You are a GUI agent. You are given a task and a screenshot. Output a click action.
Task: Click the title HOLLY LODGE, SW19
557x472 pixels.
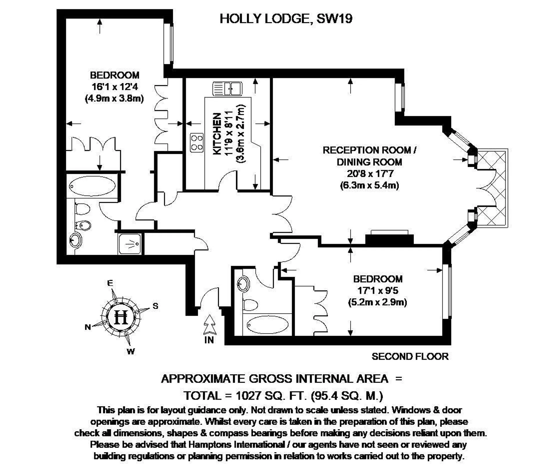coord(286,19)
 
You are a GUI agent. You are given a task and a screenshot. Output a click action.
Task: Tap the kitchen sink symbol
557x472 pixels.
coord(227,88)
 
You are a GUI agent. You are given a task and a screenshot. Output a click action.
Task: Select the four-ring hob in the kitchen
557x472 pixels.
coord(197,142)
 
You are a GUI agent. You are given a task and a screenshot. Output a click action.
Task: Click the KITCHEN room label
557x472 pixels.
coord(217,134)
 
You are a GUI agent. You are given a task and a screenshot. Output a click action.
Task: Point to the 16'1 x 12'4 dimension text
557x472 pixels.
coord(115,87)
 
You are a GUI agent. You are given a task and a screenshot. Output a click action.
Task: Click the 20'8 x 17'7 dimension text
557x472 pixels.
coord(370,173)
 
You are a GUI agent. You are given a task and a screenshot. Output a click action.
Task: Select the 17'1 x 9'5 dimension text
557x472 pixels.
coord(378,290)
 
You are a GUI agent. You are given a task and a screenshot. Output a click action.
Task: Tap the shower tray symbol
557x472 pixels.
coord(130,244)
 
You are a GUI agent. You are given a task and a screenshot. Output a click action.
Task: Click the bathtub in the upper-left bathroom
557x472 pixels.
coord(92,186)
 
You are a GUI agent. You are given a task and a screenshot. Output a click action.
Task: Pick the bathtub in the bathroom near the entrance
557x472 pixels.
coord(268,325)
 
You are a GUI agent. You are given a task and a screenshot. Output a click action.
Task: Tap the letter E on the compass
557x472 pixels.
coord(110,283)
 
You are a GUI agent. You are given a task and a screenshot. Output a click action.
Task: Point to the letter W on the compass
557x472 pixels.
coord(131,352)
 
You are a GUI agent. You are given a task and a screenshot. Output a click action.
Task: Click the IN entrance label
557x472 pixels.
coord(209,340)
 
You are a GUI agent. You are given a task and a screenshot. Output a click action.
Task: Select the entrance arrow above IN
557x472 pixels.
coord(209,325)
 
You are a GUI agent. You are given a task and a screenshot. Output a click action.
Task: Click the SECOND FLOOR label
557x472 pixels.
coord(410,356)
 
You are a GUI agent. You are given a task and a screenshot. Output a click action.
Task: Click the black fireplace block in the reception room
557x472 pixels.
coord(389,239)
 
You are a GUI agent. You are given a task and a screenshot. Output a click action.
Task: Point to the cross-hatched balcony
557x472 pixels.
coord(492,188)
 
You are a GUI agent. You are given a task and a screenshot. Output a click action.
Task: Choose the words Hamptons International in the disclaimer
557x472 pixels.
coord(237,444)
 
